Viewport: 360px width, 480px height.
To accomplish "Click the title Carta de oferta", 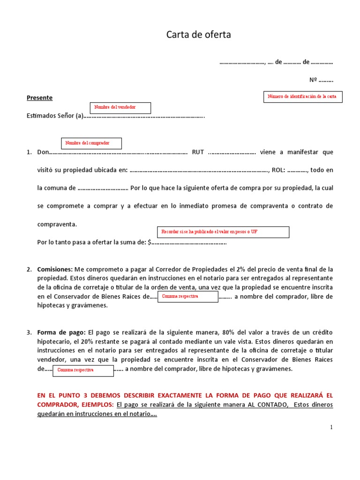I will pyautogui.click(x=199, y=35).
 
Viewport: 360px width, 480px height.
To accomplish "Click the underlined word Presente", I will pyautogui.click(x=39, y=97).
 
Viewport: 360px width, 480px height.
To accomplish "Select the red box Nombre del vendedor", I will pyautogui.click(x=120, y=108).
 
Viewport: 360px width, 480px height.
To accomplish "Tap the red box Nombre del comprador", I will pyautogui.click(x=91, y=143).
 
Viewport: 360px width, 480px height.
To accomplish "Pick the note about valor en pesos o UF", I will pyautogui.click(x=223, y=232).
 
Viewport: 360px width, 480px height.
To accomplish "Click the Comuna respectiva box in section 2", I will pyautogui.click(x=187, y=297).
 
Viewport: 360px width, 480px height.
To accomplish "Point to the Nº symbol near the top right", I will pyautogui.click(x=313, y=80).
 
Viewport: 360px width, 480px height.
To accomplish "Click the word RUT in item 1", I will pyautogui.click(x=198, y=152).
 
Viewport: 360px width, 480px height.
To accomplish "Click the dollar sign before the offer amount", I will pyautogui.click(x=149, y=242).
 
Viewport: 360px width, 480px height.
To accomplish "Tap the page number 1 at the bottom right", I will pyautogui.click(x=331, y=427).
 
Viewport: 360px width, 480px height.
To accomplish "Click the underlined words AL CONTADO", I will pyautogui.click(x=268, y=405).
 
